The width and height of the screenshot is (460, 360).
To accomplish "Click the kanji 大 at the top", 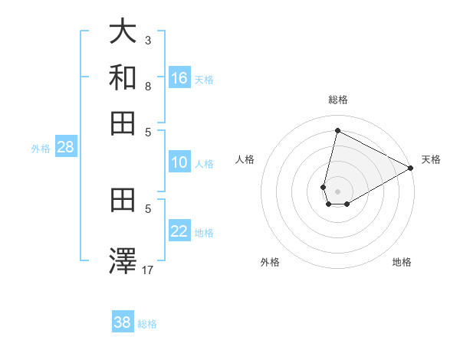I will click(x=123, y=33).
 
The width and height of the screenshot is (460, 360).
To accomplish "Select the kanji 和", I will click(x=123, y=77).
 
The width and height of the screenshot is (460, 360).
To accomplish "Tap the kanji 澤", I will click(x=123, y=261).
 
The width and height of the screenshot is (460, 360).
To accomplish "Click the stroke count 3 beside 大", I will click(x=148, y=40).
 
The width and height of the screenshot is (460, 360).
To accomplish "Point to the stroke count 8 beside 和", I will click(x=148, y=86).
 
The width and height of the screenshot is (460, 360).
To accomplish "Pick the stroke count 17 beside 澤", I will click(x=148, y=270).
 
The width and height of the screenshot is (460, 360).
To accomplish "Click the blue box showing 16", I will click(x=179, y=77).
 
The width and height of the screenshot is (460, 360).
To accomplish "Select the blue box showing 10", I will click(x=179, y=162).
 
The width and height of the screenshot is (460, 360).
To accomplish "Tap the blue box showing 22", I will click(x=179, y=231).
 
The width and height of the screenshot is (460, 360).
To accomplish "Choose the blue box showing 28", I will click(x=65, y=148).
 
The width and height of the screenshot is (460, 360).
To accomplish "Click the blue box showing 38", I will click(x=123, y=322).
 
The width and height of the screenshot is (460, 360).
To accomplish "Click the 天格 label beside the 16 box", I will click(x=204, y=79).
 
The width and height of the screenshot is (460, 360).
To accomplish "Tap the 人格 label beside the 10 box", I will click(x=204, y=164).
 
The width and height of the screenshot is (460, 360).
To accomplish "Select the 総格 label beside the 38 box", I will click(x=147, y=324).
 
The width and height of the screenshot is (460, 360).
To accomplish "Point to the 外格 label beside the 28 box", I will click(x=41, y=149).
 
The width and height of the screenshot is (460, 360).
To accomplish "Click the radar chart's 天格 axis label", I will click(x=431, y=159).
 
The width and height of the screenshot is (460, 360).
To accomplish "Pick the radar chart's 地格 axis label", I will click(x=402, y=262).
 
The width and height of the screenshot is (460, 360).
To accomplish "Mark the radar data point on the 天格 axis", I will click(x=411, y=168).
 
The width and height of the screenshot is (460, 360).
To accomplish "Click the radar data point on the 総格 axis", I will click(x=337, y=130).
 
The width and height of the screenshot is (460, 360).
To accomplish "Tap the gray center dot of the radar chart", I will click(x=337, y=191).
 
